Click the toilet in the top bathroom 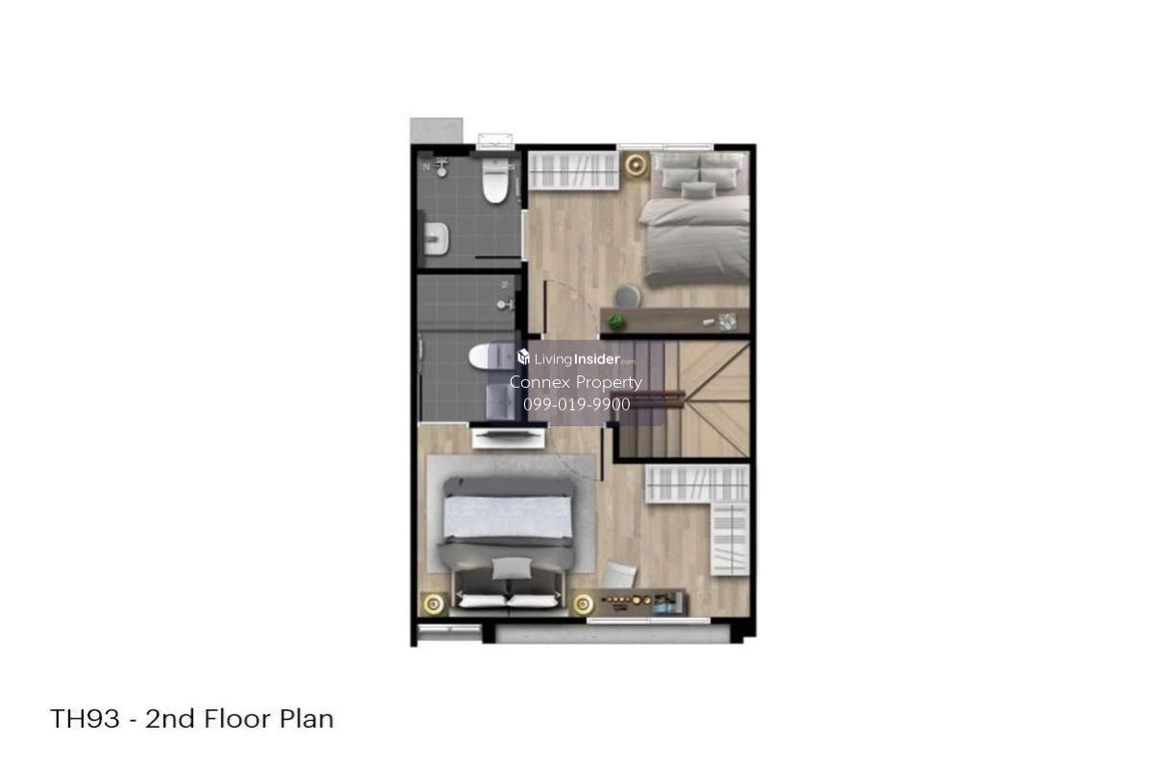click(x=495, y=180)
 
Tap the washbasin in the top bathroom click(x=436, y=238)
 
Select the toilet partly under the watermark click(x=487, y=356)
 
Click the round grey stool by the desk click(x=628, y=297)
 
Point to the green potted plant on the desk click(x=615, y=322)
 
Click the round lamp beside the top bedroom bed click(x=636, y=165)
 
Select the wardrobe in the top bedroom click(x=574, y=171)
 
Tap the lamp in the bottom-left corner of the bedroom click(x=434, y=604)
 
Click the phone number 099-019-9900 click(x=577, y=404)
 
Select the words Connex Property click(x=575, y=382)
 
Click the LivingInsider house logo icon click(x=523, y=356)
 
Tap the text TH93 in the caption click(x=84, y=719)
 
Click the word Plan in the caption click(x=306, y=719)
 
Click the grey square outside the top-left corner click(x=436, y=132)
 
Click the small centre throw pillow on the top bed click(x=699, y=190)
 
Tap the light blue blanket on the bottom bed click(x=508, y=517)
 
